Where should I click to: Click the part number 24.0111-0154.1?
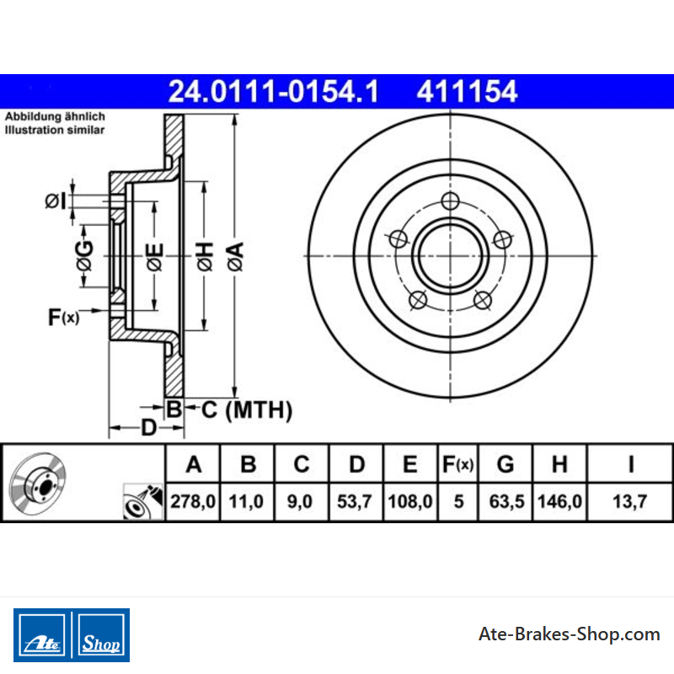pos(273,92)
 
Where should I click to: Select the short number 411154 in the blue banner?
pos(467,92)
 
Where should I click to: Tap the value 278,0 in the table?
pos(193,501)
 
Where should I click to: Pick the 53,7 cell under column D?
pos(354,501)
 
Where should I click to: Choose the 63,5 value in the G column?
pos(506,501)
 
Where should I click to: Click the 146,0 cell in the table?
pos(559,501)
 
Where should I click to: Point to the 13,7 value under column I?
pos(629,501)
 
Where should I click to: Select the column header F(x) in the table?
pos(457,464)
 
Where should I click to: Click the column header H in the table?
pos(559,464)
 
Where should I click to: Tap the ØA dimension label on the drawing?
pos(236,257)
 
